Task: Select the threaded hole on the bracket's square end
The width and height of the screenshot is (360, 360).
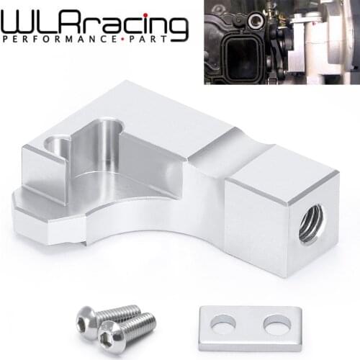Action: [x=311, y=217]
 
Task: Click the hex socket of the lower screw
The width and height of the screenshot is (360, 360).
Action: [x=110, y=336]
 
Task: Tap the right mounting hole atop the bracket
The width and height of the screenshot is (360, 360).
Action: [x=106, y=133]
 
